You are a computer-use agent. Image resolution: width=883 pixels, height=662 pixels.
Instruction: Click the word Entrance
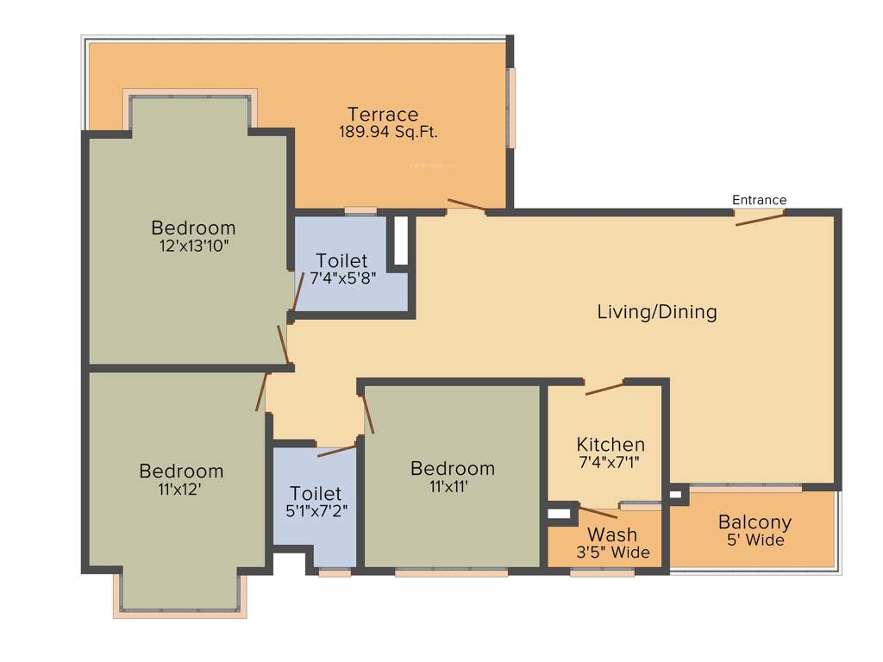[759, 200]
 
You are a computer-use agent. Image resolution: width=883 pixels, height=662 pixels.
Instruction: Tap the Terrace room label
[383, 114]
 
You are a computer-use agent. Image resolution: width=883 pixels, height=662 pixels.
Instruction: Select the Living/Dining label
[657, 312]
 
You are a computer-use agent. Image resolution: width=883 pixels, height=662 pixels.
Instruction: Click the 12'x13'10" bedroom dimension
[193, 246]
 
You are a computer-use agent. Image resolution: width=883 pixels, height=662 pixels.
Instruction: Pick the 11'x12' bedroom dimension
[181, 489]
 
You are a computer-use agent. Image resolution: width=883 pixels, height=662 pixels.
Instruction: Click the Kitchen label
[611, 445]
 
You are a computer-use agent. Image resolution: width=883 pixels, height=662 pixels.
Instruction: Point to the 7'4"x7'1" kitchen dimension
[611, 463]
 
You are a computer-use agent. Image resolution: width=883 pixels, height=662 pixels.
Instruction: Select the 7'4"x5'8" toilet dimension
[342, 278]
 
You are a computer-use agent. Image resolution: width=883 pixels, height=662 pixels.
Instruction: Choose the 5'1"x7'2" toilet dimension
[316, 510]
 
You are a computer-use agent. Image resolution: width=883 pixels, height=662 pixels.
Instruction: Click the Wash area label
[612, 534]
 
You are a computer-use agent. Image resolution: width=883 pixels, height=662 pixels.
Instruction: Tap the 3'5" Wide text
[613, 553]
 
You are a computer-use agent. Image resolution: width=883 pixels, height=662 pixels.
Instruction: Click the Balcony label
[755, 522]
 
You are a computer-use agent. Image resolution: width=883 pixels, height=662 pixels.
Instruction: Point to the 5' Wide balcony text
[755, 540]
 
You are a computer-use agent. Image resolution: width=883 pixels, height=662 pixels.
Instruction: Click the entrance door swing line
[760, 218]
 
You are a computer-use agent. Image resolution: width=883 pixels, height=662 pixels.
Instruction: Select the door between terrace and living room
[467, 205]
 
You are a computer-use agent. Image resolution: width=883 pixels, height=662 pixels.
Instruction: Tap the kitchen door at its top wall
[604, 388]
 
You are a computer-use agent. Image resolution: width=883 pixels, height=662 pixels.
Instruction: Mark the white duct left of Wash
[560, 514]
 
